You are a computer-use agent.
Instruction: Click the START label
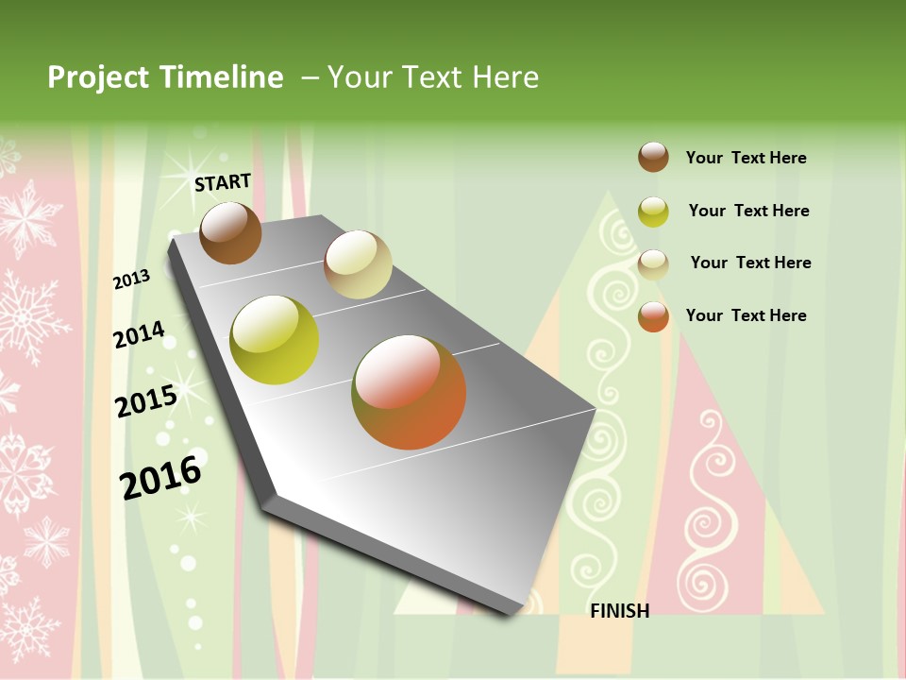[223, 181]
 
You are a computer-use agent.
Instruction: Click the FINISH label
[619, 611]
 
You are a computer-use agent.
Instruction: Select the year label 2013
[132, 279]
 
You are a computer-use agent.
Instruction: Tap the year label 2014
[139, 334]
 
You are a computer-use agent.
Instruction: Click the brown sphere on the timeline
[231, 233]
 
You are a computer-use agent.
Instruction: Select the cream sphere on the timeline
[358, 264]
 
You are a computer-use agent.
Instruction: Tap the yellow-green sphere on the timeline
[275, 340]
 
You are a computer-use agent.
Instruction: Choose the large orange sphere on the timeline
[409, 392]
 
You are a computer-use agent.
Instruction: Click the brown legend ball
[653, 158]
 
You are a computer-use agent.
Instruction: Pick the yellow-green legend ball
[653, 212]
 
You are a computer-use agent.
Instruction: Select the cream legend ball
[653, 264]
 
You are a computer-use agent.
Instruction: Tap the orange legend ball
[653, 316]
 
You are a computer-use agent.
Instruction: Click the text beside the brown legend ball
[746, 159]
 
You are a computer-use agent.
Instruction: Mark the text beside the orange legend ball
[746, 315]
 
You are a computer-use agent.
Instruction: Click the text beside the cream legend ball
[750, 263]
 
